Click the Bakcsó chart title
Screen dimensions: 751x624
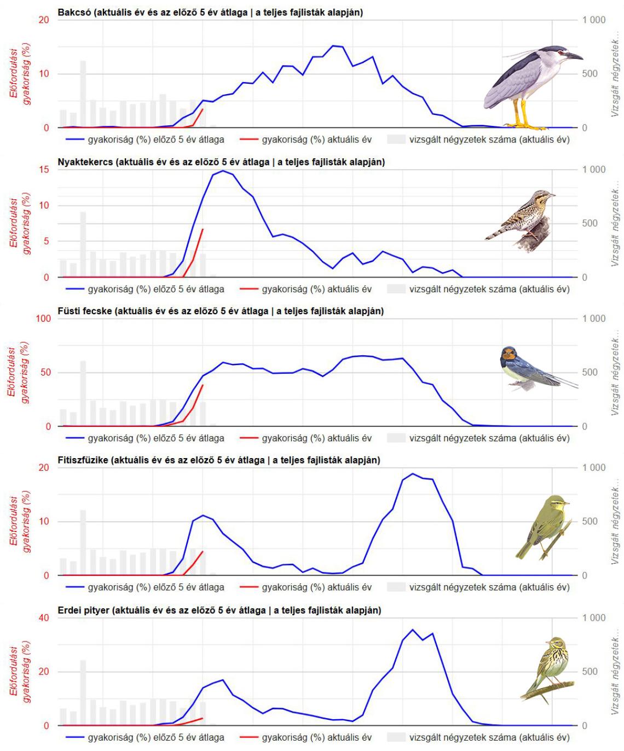click(x=210, y=12)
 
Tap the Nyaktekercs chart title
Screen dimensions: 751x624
click(x=221, y=161)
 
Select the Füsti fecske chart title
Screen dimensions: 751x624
click(x=221, y=311)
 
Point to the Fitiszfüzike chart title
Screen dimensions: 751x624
click(x=219, y=460)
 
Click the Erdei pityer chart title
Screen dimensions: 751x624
click(x=219, y=610)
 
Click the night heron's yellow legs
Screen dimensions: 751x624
click(x=524, y=115)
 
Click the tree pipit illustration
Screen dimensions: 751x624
click(x=550, y=668)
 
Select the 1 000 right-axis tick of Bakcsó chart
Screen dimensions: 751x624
click(x=594, y=20)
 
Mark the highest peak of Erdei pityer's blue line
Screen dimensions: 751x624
click(x=413, y=629)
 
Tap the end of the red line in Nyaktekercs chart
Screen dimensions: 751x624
click(x=203, y=229)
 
